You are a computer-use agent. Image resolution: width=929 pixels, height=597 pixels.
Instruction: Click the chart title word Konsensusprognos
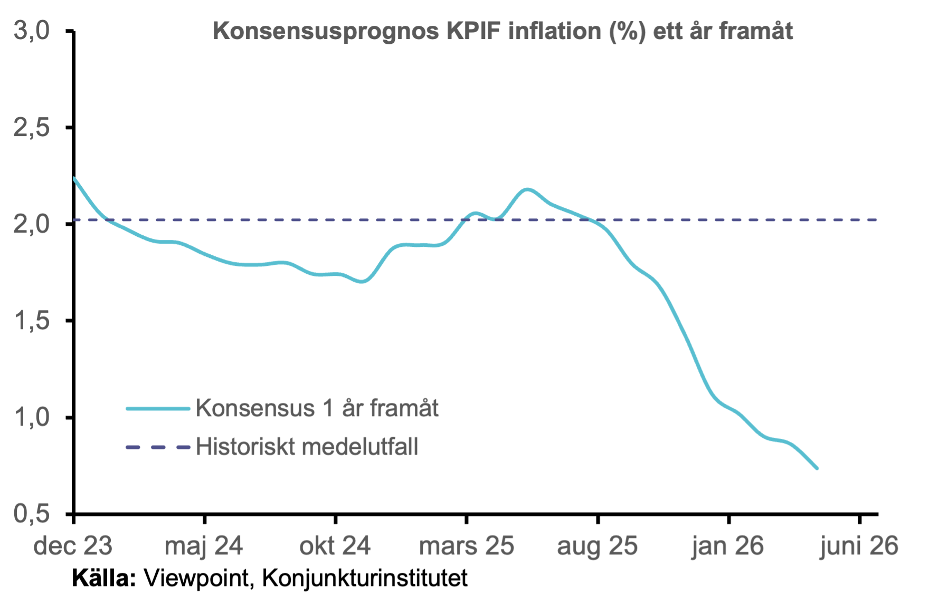point(326,32)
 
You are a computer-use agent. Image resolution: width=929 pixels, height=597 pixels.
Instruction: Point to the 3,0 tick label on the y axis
point(32,31)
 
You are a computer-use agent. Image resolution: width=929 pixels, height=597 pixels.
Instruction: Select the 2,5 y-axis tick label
point(32,128)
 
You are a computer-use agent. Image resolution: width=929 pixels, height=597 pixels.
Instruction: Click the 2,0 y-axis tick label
point(32,224)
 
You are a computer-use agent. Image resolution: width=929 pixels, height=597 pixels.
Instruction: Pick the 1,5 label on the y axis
point(32,321)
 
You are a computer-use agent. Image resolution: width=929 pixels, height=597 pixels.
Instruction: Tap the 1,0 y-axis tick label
point(32,417)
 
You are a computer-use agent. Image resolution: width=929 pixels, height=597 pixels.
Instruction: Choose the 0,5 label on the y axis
point(32,514)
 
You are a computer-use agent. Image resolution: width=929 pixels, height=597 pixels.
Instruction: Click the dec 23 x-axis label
point(73,546)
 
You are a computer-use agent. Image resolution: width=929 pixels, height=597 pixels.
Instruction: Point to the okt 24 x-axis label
point(335,546)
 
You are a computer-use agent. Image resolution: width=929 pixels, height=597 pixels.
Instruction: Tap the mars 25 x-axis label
point(466,546)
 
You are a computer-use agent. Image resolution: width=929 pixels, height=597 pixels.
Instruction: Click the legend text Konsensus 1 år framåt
point(317,408)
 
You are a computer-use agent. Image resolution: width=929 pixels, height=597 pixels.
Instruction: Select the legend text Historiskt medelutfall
point(307,447)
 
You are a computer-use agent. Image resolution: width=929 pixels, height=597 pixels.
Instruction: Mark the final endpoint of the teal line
point(817,468)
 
